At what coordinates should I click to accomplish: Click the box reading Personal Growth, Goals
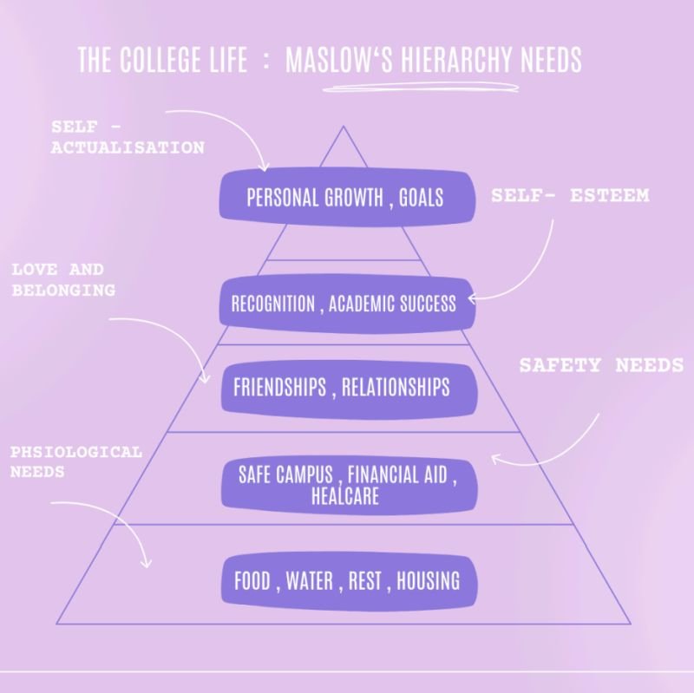click(x=345, y=196)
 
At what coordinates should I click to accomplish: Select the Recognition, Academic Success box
click(x=344, y=304)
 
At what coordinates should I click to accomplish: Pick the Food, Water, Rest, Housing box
click(x=346, y=581)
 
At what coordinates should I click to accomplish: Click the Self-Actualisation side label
click(x=127, y=138)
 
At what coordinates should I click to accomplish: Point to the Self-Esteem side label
click(x=570, y=196)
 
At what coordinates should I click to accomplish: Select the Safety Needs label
click(x=600, y=365)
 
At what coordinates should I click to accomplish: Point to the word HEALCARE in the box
click(x=344, y=497)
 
